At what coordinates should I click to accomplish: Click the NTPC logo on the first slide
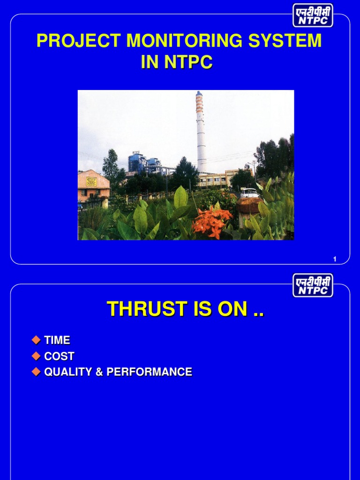click(313, 15)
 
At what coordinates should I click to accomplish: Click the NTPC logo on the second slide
click(313, 285)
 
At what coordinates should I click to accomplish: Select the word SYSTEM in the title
click(285, 40)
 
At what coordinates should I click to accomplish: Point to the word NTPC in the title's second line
click(188, 62)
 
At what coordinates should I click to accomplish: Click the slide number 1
click(335, 259)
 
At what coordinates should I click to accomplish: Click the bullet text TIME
click(57, 340)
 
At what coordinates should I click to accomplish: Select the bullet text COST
click(59, 356)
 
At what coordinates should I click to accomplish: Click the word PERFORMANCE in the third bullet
click(149, 372)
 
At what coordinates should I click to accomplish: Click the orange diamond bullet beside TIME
click(36, 340)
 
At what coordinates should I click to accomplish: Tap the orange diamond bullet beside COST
click(36, 356)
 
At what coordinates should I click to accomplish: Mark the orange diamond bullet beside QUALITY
click(36, 372)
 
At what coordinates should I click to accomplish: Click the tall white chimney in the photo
click(201, 132)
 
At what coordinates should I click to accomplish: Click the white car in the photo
click(249, 193)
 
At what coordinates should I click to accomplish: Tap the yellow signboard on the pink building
click(91, 181)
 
